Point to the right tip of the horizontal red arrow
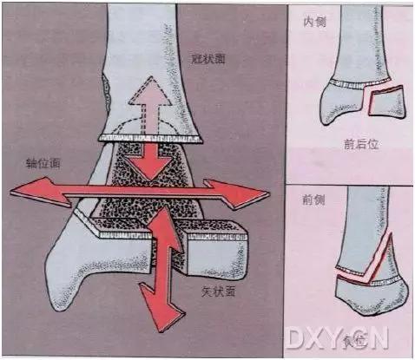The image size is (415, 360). point(265,198)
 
